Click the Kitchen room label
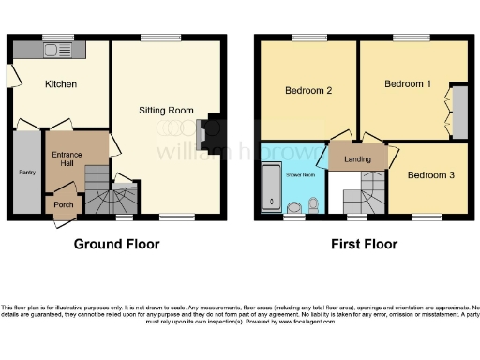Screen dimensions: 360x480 click(61, 84)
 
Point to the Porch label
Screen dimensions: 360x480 click(64, 205)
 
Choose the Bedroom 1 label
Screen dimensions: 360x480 click(408, 84)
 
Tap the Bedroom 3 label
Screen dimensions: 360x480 click(429, 175)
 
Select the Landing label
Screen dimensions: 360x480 click(357, 159)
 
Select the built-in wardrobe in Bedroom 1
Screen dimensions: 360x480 click(459, 110)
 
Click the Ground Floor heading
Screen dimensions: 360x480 click(117, 245)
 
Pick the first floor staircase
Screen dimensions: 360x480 click(357, 200)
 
